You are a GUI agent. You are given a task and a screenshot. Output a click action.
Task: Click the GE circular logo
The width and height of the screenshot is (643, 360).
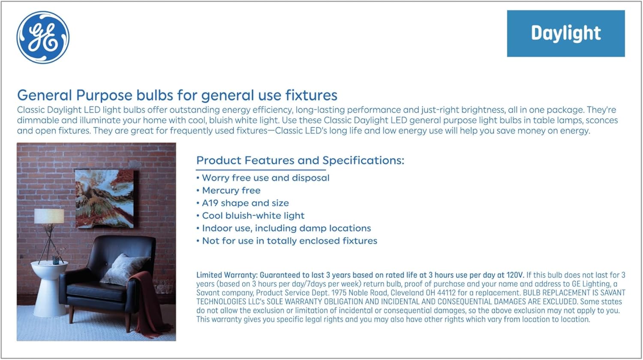43,37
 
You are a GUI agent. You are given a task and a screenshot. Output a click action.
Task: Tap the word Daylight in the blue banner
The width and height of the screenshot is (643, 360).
566,33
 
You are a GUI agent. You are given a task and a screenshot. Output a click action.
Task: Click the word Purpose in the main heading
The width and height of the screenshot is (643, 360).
104,96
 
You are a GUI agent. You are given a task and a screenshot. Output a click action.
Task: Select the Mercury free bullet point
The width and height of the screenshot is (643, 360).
228,190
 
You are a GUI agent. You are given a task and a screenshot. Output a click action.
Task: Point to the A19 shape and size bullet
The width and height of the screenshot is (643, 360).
243,203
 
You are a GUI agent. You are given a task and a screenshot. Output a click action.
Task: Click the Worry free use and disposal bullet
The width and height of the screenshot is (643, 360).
263,178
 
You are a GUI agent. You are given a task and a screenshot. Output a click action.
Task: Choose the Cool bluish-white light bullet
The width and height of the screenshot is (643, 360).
250,216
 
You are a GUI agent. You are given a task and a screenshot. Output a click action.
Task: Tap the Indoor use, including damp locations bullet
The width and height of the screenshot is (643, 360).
284,228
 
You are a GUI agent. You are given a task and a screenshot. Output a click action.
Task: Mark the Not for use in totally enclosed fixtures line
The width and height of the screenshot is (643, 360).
287,241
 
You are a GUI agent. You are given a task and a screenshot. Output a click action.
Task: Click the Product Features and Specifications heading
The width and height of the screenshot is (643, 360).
300,160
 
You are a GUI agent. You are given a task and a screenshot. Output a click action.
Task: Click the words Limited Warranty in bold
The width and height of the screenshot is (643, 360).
227,275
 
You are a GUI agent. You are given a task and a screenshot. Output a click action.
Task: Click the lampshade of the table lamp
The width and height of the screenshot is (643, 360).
49,216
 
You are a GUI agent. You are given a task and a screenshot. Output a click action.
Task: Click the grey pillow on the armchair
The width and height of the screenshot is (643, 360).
125,269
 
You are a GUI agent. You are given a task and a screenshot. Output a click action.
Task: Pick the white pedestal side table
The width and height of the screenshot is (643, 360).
49,288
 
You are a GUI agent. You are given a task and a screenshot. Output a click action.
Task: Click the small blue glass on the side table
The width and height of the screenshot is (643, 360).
56,260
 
